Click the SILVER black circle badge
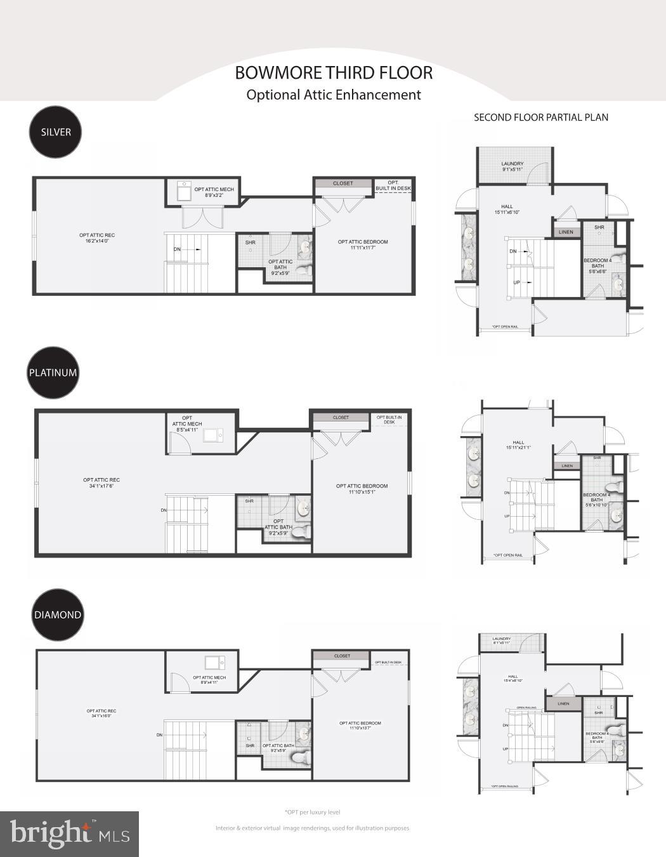coord(56,132)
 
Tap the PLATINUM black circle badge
coord(53,373)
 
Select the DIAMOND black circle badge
coord(58,615)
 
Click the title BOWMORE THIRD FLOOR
coord(334,73)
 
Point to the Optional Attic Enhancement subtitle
coord(334,95)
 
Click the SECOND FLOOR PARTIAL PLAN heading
coord(541,117)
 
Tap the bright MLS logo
coord(69,834)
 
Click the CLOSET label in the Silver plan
coord(343,183)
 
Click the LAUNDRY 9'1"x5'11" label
coord(512,166)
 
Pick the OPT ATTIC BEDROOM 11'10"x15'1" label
coord(362,489)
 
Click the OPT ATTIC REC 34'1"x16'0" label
coord(101,713)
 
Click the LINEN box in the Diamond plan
coord(563,703)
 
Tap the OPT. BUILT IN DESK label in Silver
coord(393,185)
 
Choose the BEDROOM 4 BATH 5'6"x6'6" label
coord(597,265)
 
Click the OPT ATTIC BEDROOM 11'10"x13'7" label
coord(360,726)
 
